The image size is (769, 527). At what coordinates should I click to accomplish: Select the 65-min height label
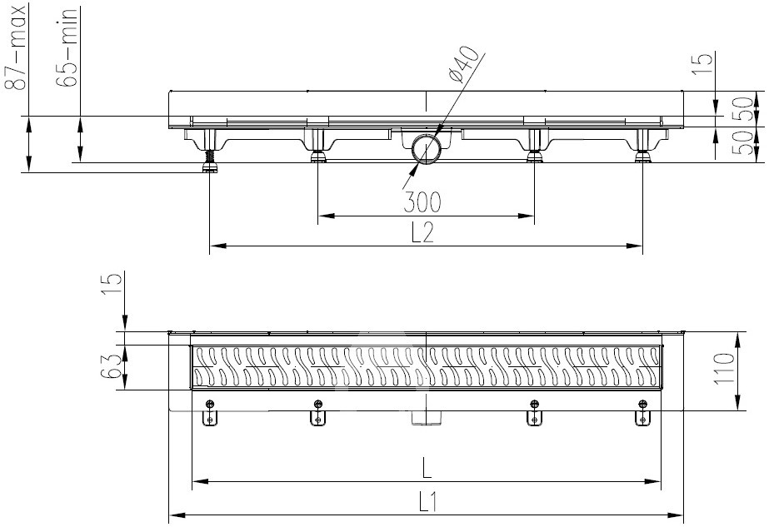(x=66, y=47)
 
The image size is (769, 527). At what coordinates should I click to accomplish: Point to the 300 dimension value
(x=422, y=202)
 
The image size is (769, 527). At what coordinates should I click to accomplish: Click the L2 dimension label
(x=422, y=232)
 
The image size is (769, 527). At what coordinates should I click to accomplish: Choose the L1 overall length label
(x=427, y=503)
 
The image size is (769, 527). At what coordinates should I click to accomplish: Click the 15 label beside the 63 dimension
(x=112, y=285)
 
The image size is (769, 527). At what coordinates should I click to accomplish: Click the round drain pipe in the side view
(x=427, y=149)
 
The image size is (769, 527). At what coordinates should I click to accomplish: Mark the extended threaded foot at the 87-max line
(x=210, y=162)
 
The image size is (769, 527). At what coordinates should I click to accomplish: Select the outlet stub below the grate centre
(x=427, y=418)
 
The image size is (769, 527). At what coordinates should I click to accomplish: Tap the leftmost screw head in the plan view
(x=210, y=404)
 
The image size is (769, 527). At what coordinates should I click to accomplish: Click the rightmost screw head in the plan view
(x=642, y=404)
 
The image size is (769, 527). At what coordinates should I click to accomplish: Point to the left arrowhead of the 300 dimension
(x=326, y=216)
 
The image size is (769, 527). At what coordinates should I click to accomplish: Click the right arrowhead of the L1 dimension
(x=676, y=515)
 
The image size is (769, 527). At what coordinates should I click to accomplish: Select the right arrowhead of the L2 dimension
(x=634, y=246)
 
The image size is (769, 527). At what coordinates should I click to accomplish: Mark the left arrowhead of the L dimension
(x=200, y=482)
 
